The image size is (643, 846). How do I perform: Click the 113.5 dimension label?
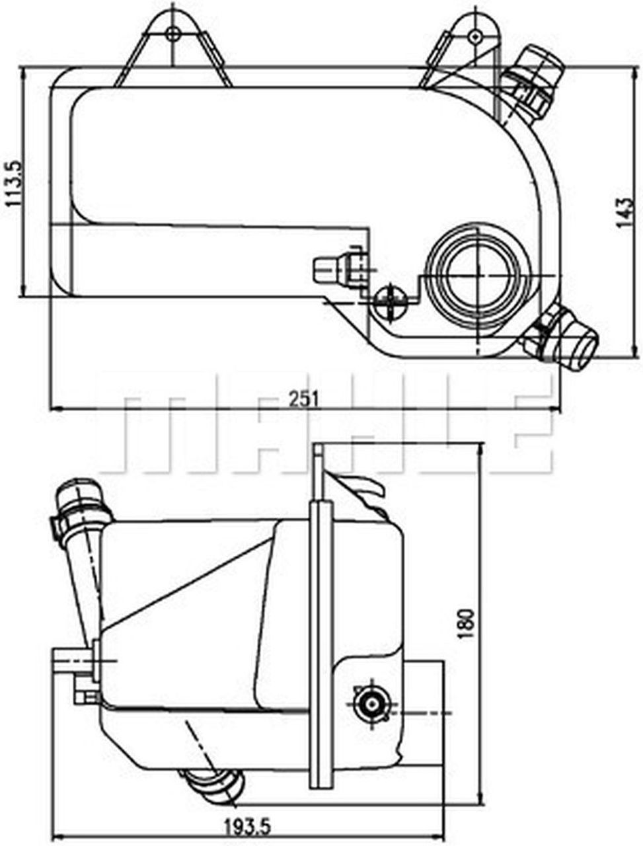(x=13, y=182)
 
